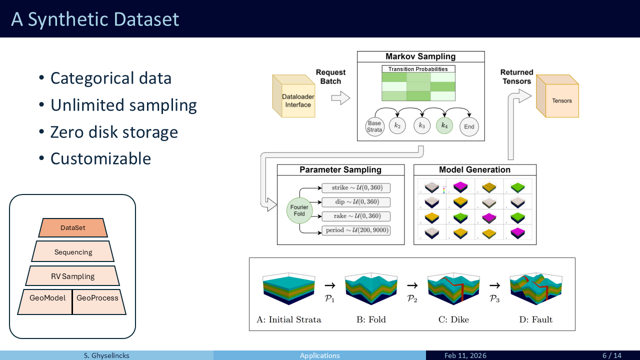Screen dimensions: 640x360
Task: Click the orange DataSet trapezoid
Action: tap(73, 227)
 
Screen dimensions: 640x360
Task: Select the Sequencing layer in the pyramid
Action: tap(73, 251)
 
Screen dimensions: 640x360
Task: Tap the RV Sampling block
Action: tap(72, 276)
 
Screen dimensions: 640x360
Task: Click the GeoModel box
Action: tap(45, 302)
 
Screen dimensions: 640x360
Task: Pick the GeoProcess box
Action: tap(99, 302)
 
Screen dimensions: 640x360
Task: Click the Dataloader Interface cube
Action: tap(293, 96)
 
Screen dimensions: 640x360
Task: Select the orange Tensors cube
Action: tap(557, 96)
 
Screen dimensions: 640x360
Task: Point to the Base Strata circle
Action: tap(374, 126)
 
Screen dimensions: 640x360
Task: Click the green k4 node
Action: tap(444, 125)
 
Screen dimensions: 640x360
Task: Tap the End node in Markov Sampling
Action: tap(469, 126)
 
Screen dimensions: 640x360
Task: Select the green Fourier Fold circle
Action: tap(299, 210)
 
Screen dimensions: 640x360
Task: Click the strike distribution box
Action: tap(356, 187)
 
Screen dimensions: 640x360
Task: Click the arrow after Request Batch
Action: tap(340, 98)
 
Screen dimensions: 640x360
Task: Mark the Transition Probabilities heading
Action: tap(418, 69)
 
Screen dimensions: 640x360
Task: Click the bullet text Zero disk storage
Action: tap(114, 132)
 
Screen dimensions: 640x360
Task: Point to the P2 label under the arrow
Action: tap(412, 299)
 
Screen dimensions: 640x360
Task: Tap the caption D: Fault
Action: tap(535, 319)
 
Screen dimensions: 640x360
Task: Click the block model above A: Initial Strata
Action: tap(288, 289)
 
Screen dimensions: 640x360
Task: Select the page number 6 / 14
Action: tap(612, 355)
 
